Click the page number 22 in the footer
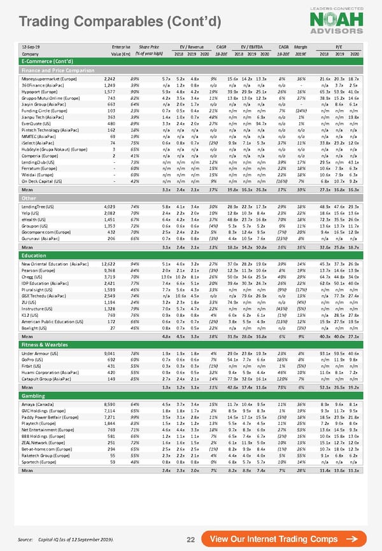pyautogui.click(x=190, y=540)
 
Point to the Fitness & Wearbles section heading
pyautogui.click(x=46, y=344)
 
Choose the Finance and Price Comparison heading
pyautogui.click(x=58, y=69)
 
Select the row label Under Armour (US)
pyautogui.click(x=42, y=352)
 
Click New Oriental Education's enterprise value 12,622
pyautogui.click(x=108, y=263)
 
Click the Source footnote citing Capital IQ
pyautogui.click(x=66, y=539)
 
